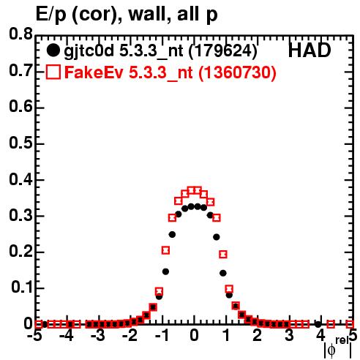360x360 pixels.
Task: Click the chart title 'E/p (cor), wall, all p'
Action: (x=127, y=15)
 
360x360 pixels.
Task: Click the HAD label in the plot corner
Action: (x=310, y=50)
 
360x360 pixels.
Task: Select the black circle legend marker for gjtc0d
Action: (x=53, y=50)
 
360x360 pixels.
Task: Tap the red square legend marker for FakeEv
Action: (x=53, y=72)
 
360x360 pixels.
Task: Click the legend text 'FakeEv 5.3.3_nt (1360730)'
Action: (x=170, y=72)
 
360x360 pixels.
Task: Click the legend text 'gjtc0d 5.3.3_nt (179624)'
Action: (x=160, y=51)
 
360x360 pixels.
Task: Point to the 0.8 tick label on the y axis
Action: (x=20, y=34)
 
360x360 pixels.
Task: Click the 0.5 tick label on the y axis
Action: (x=20, y=143)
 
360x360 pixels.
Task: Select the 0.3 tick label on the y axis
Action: (x=20, y=215)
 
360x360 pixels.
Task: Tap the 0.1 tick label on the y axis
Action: (x=22, y=288)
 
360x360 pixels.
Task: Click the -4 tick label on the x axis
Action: (x=66, y=335)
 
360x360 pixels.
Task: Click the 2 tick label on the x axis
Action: (x=257, y=335)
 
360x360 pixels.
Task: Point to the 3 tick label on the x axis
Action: (x=289, y=335)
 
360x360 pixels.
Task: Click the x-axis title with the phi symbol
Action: (x=337, y=347)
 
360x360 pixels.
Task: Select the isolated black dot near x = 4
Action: (x=318, y=324)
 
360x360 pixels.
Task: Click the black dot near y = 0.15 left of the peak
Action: (x=165, y=271)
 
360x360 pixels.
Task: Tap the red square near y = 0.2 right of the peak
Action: (x=223, y=254)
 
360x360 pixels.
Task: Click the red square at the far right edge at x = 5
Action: (x=350, y=324)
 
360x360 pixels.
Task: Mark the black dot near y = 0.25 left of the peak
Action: (x=172, y=235)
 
